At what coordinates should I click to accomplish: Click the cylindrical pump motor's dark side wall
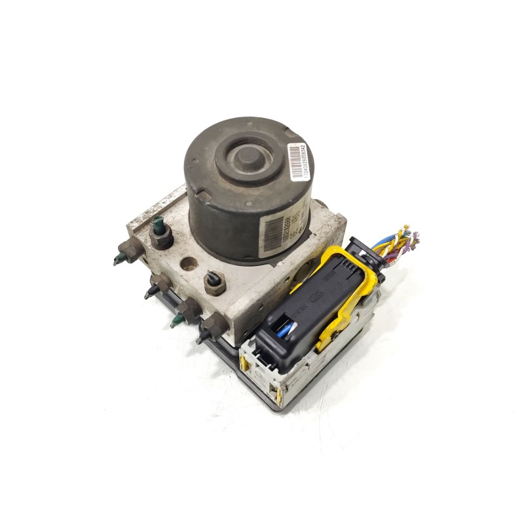coord(223,216)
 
